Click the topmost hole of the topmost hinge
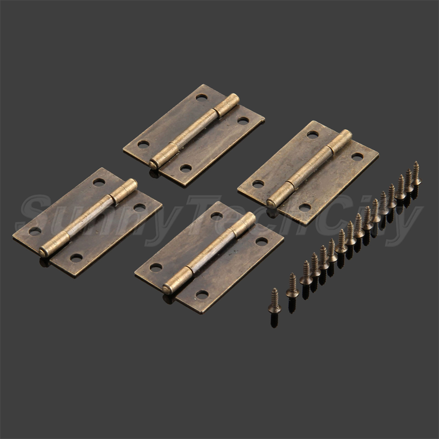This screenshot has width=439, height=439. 202,98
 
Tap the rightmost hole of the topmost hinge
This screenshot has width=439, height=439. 243,121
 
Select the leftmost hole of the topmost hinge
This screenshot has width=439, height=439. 144,144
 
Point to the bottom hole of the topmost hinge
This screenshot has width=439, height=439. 186,169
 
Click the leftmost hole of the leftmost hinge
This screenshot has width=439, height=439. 35,231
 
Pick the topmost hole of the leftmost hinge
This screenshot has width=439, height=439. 99,182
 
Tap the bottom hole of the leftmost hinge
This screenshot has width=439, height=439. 76,258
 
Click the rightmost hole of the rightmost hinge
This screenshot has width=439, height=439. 357,157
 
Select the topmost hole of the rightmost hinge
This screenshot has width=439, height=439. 313,135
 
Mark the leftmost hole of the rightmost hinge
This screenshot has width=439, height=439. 258,184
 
